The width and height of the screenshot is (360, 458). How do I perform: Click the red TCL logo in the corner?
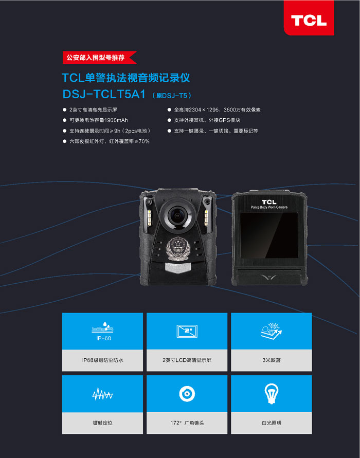pos(309,18)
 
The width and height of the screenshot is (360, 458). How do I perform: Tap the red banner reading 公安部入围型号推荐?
pos(99,57)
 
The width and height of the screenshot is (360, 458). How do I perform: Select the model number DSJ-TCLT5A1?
pos(104,94)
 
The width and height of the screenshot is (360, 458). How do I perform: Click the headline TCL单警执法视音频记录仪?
pos(126,78)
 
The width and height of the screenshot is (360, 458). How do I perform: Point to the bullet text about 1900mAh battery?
pos(98,120)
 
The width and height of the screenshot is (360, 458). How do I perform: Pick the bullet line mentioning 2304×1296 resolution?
pos(217,110)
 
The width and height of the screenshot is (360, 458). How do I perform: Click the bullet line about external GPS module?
pos(207,120)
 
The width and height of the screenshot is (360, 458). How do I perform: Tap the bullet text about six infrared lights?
pos(109,141)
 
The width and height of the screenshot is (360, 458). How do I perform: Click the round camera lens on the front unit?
pos(177,215)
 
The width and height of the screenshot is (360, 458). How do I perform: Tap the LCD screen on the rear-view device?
pos(269,235)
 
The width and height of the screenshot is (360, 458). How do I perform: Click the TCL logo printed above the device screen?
pos(269,202)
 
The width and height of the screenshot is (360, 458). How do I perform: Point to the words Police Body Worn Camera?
pos(269,207)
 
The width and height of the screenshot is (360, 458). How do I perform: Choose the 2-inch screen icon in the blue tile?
pos(187,331)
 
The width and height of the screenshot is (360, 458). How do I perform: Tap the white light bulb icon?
pos(272,394)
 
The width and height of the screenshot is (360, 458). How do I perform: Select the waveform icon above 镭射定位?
pos(102,394)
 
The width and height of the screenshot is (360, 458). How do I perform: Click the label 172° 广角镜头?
pos(187,423)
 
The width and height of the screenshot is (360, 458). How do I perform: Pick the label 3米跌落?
pos(272,360)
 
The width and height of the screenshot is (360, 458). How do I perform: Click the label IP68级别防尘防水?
pos(102,360)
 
